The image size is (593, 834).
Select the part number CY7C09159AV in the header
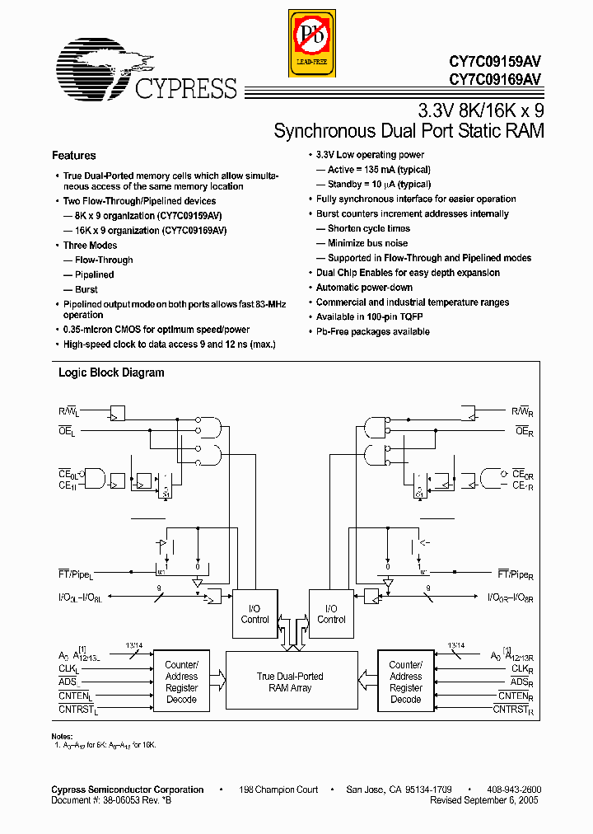[495, 61]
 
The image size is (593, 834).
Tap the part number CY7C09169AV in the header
[495, 79]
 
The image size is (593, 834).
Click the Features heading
[74, 156]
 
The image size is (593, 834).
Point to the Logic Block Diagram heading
[111, 372]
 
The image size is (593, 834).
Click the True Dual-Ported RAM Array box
[290, 682]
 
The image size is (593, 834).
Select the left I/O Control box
[254, 614]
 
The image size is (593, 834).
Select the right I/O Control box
[331, 614]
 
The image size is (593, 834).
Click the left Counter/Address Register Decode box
[181, 682]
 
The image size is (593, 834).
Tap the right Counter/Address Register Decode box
[405, 682]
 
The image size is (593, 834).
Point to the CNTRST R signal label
[516, 709]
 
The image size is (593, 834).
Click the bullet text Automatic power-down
[364, 288]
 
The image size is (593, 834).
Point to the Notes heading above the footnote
[63, 736]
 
